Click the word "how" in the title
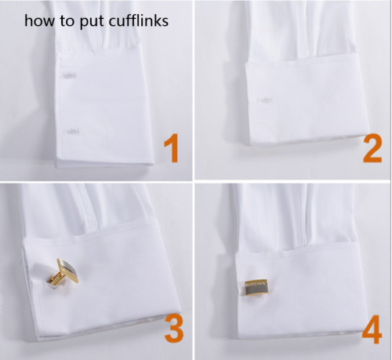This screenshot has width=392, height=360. tap(38, 20)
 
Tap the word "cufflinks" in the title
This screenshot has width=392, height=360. tap(140, 20)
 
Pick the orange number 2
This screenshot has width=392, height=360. tap(371, 148)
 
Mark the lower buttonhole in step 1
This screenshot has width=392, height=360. tap(71, 129)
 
